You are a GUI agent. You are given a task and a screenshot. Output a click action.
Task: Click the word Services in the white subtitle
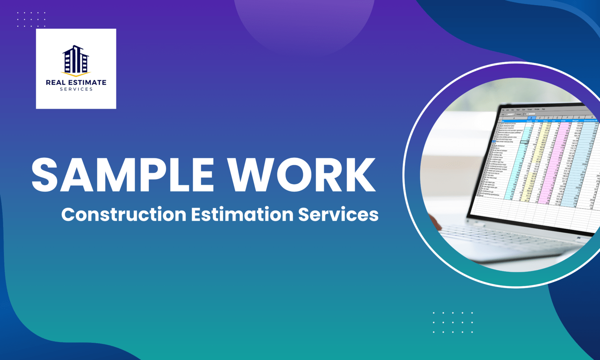click(338, 214)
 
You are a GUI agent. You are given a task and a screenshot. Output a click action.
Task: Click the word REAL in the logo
click(56, 82)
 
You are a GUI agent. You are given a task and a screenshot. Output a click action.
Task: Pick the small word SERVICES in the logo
click(76, 89)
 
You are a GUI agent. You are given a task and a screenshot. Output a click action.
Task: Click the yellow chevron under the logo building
click(76, 74)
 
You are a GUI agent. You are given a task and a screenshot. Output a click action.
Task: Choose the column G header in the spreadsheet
click(579, 117)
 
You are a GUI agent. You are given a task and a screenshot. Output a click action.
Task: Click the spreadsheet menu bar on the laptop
click(523, 110)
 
